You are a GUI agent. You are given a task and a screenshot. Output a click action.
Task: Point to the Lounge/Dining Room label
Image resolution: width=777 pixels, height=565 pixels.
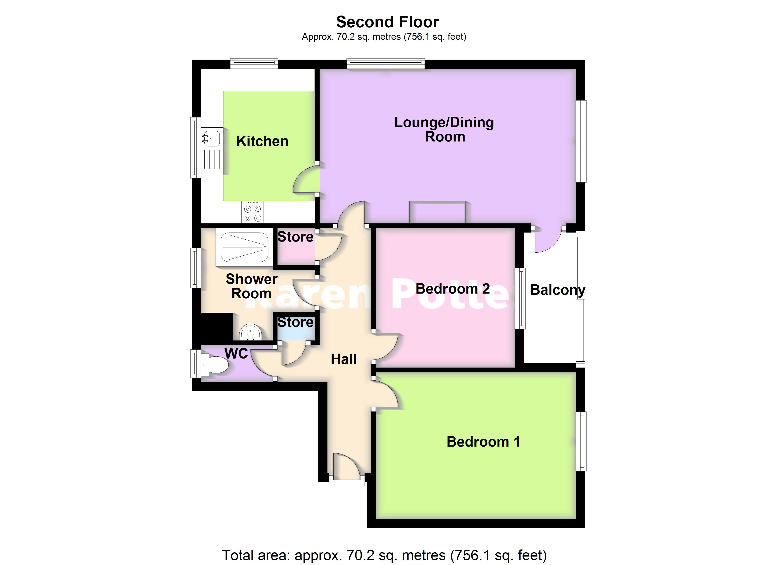(x=444, y=129)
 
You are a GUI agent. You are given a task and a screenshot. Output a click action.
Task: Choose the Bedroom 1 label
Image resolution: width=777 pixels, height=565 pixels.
(x=483, y=442)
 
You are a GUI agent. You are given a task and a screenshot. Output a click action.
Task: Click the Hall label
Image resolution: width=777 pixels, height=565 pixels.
(x=344, y=359)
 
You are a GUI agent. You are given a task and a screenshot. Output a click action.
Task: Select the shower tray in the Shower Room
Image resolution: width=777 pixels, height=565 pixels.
(x=244, y=247)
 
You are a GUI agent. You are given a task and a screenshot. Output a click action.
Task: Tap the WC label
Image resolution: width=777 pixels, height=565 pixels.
(x=236, y=354)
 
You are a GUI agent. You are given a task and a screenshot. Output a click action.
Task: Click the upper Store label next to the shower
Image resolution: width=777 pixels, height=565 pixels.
(x=295, y=237)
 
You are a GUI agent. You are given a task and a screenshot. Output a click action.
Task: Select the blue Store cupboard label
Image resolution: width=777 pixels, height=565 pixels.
(x=295, y=322)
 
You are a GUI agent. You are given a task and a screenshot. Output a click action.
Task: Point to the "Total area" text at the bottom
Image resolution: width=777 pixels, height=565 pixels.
(x=384, y=555)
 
